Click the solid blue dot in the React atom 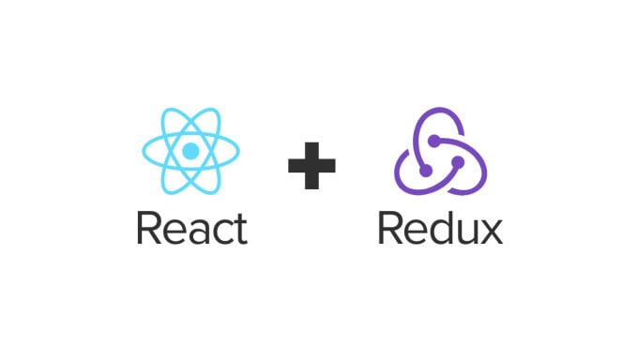190,151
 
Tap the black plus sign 311,166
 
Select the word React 192,228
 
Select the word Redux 440,227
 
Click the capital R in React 149,228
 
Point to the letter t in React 240,230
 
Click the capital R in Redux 390,228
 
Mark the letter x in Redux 491,232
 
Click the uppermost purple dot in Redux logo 434,141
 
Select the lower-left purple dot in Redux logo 426,171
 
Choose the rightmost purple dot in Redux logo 458,162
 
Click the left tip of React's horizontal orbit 143,151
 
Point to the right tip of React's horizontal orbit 239,151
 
